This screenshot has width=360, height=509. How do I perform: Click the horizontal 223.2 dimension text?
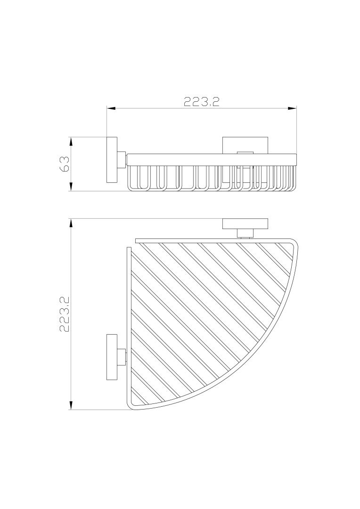(202, 102)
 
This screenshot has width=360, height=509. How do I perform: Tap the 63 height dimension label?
(65, 164)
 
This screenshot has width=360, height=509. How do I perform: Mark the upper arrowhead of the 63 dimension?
(71, 141)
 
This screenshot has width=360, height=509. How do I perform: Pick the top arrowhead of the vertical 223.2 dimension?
(71, 222)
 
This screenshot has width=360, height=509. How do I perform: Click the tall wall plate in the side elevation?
(112, 160)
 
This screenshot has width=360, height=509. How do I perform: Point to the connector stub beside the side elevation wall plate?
(122, 160)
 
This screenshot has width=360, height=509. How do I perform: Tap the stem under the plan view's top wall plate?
(245, 232)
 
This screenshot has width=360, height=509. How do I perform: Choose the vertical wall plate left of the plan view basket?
(112, 358)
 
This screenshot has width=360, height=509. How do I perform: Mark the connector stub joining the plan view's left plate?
(122, 358)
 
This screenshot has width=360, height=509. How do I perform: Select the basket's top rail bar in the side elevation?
(212, 159)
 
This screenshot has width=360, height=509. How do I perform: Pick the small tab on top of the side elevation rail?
(245, 152)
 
